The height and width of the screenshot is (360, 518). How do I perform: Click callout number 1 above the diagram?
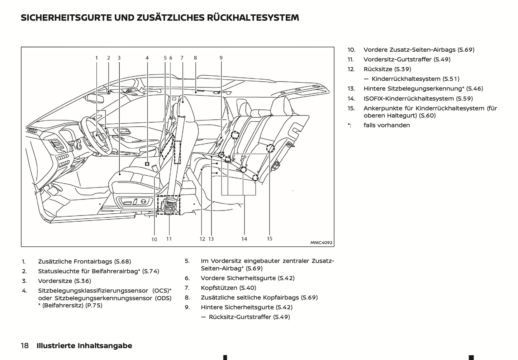[96, 58]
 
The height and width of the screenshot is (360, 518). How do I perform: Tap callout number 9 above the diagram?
[221, 58]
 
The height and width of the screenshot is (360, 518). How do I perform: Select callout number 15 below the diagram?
[270, 238]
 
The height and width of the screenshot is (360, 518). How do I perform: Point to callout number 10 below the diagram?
[154, 239]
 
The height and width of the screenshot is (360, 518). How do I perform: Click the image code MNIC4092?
[321, 243]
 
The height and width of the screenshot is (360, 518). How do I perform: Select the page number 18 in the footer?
[25, 346]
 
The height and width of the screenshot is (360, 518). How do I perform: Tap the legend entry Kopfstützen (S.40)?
[228, 288]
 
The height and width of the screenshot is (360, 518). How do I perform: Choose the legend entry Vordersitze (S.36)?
[65, 281]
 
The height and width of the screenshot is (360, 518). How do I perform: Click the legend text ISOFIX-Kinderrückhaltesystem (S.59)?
[418, 98]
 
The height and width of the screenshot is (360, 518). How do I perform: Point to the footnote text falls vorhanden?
[386, 125]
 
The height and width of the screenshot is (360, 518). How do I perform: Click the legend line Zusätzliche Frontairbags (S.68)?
[84, 261]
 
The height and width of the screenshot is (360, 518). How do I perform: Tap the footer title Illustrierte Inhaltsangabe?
[84, 346]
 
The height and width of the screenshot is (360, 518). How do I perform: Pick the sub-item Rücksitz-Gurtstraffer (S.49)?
[249, 317]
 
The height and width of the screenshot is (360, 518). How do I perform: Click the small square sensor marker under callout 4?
[147, 164]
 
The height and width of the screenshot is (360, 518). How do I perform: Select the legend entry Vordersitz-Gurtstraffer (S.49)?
[407, 59]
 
